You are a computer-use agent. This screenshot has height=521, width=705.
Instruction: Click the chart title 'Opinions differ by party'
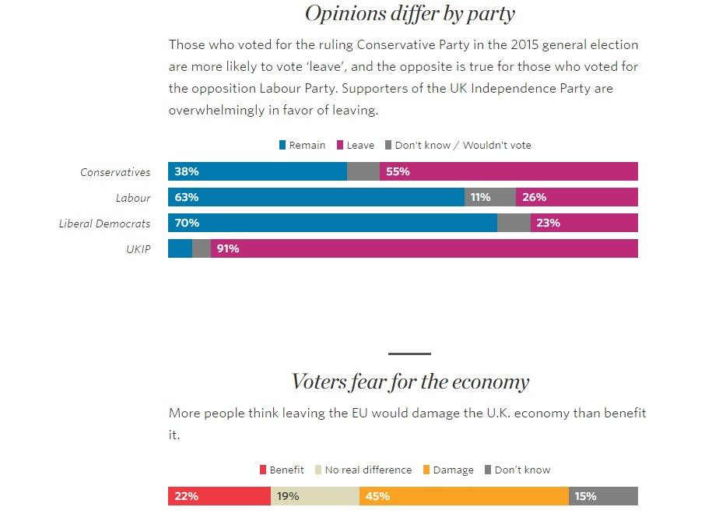tap(409, 13)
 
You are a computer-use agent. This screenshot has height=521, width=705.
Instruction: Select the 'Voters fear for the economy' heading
tap(409, 382)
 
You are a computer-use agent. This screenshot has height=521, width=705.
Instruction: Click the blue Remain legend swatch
tap(282, 145)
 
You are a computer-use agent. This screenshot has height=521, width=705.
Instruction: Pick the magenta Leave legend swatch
tap(340, 145)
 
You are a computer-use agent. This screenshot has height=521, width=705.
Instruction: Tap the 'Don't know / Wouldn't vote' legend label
tap(463, 145)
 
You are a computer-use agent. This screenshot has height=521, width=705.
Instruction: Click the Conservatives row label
tap(115, 172)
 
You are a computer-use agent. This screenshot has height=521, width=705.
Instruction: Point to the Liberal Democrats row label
tap(104, 224)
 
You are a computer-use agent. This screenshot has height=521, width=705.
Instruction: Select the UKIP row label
tap(137, 249)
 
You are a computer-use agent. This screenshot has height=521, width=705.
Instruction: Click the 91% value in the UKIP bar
tap(228, 249)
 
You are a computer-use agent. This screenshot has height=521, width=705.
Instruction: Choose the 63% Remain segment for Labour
tap(316, 197)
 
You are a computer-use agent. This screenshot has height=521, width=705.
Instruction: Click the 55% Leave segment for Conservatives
tap(509, 171)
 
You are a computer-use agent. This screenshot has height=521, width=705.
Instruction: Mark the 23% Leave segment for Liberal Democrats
tap(584, 224)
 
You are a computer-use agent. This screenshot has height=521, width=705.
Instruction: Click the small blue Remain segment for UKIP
tap(180, 249)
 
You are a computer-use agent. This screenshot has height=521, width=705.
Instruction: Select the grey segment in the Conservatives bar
tap(363, 171)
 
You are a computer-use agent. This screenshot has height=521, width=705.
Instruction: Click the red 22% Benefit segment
tap(219, 496)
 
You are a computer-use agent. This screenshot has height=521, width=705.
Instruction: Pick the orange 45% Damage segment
tap(464, 496)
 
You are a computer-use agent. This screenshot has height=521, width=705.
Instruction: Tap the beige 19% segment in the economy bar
tap(315, 496)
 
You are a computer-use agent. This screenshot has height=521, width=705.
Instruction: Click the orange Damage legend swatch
tap(426, 470)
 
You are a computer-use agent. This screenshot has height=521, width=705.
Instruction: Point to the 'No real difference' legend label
tap(368, 470)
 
